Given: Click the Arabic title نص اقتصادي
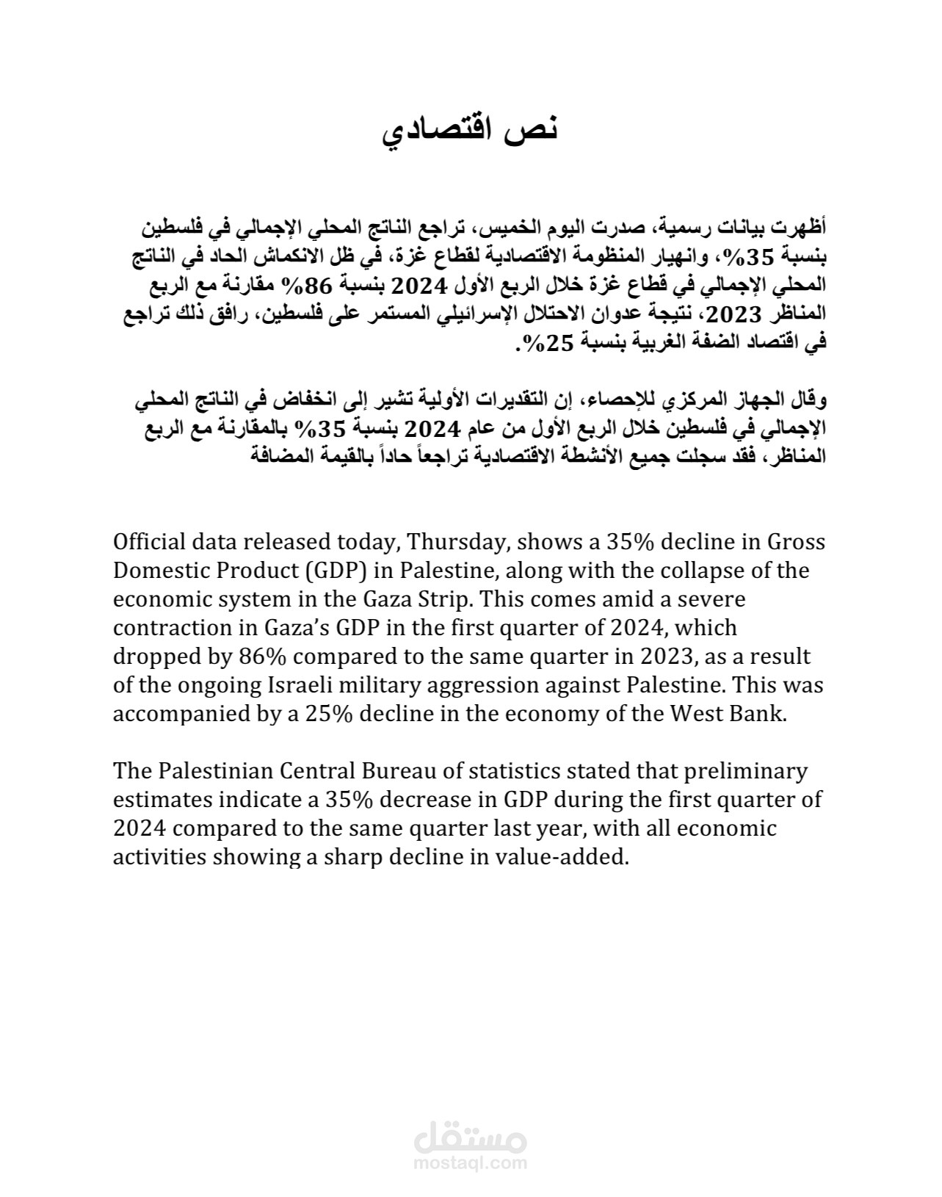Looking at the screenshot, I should click(x=471, y=130).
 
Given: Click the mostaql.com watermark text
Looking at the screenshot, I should click(x=471, y=1163).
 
